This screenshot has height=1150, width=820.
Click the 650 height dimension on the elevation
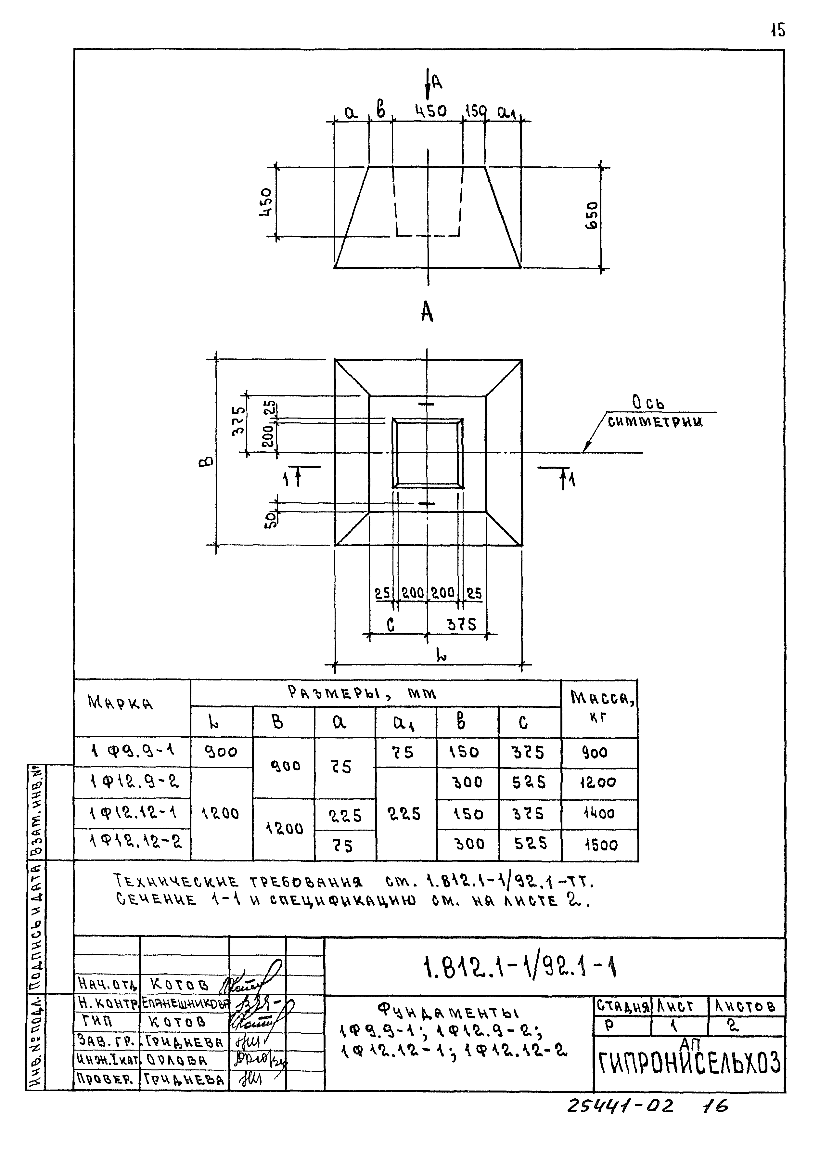tap(592, 216)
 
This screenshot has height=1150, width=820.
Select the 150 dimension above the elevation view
tap(475, 110)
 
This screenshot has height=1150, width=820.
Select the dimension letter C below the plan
tap(390, 625)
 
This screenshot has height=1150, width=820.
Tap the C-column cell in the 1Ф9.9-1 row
tap(528, 753)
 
